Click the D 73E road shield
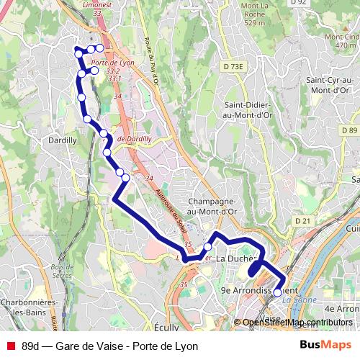point(233,66)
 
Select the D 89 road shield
point(349,130)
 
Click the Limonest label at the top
point(102,5)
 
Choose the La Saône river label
point(295,300)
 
